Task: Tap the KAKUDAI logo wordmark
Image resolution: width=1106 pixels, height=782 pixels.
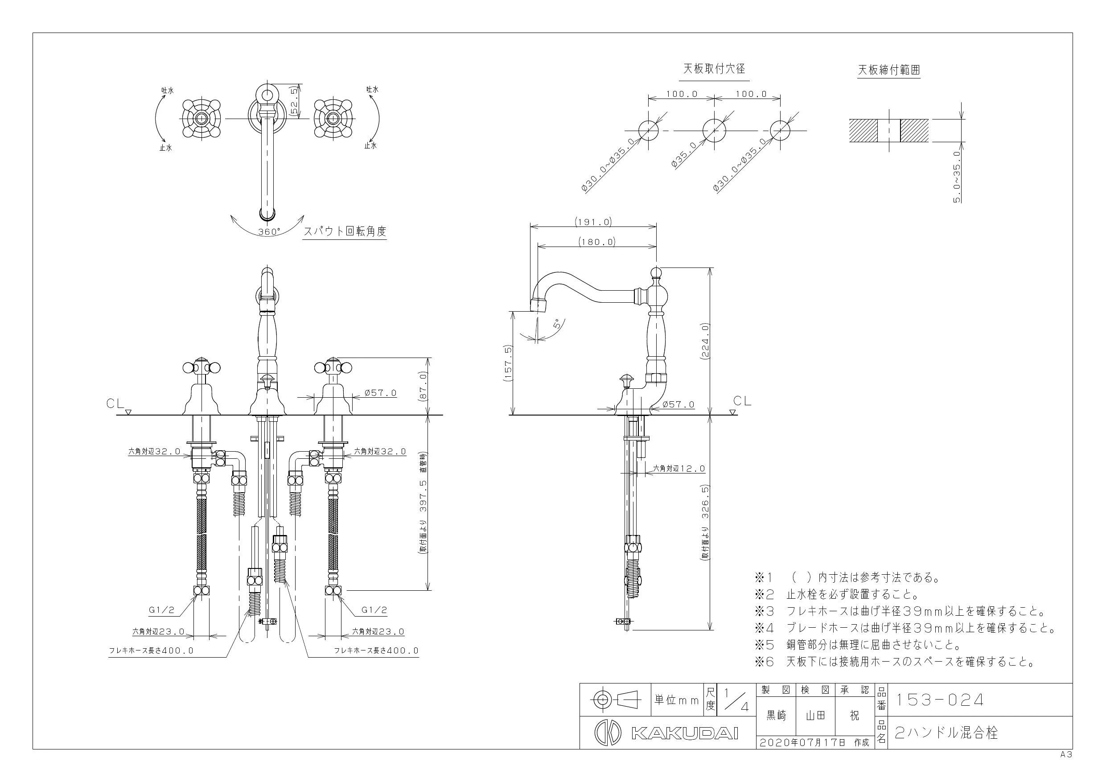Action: tap(684, 733)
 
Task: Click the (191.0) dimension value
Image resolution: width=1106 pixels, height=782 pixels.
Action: tap(593, 222)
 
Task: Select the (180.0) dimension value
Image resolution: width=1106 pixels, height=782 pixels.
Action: tap(597, 242)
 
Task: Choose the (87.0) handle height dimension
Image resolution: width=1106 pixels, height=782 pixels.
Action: tap(424, 386)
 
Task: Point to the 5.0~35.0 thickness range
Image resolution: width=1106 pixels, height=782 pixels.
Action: tap(957, 177)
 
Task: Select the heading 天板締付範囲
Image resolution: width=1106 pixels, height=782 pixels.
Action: tap(889, 70)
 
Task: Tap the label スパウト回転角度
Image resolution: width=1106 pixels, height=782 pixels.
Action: tap(345, 231)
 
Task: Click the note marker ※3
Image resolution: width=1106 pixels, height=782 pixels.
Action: tap(765, 611)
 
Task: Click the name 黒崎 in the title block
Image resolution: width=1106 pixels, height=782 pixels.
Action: tap(776, 716)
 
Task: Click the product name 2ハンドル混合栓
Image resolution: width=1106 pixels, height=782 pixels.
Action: tap(946, 733)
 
